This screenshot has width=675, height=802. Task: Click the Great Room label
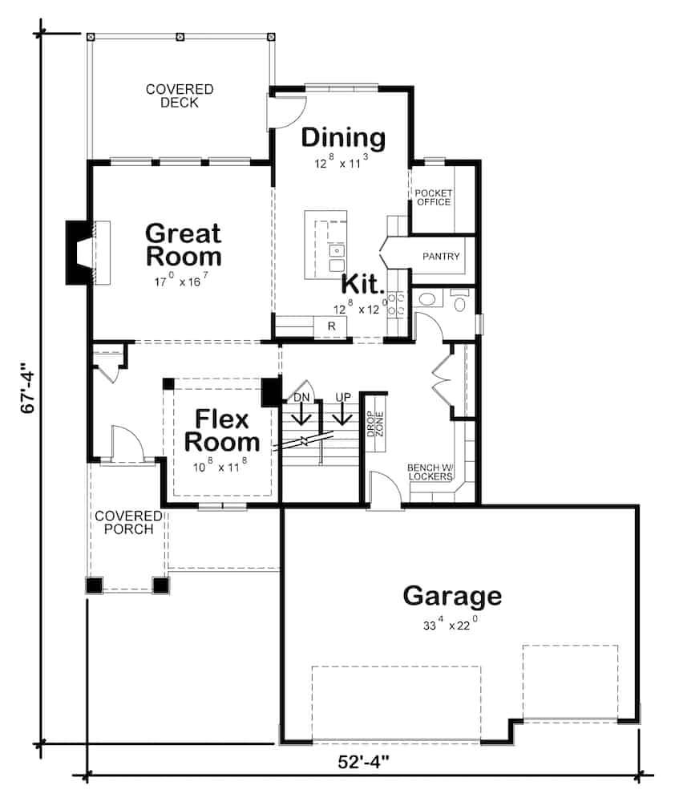click(183, 245)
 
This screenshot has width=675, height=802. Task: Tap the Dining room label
click(343, 137)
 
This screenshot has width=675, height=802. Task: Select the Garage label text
click(452, 596)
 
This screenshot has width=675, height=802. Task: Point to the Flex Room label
click(228, 431)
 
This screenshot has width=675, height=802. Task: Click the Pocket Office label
click(433, 197)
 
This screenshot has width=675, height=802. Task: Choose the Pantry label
click(441, 257)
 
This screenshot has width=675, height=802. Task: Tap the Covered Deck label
click(179, 95)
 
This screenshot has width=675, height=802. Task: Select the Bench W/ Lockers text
click(435, 472)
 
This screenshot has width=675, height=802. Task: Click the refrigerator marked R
click(329, 326)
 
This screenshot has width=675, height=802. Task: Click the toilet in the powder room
click(460, 302)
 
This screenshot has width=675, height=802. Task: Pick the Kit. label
click(362, 284)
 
